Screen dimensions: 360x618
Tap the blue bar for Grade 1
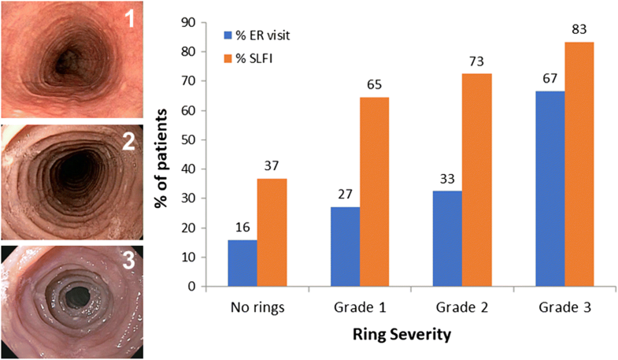[x=346, y=247]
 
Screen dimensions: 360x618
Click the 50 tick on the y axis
[x=188, y=139]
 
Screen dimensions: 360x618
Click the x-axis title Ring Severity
[x=402, y=336]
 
